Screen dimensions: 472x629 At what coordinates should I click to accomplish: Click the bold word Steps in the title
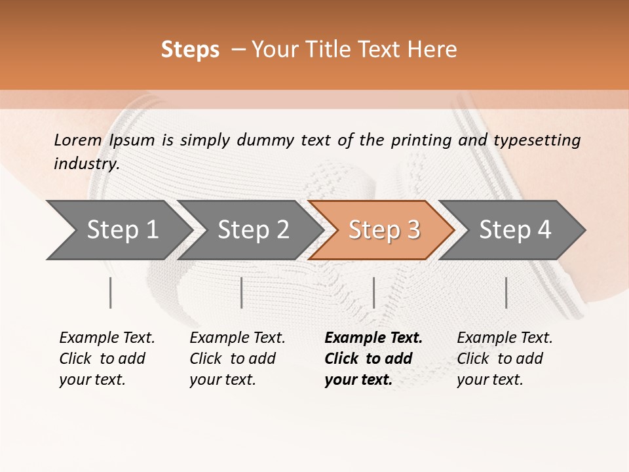point(190,50)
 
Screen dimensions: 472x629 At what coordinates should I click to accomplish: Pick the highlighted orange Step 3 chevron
point(384,230)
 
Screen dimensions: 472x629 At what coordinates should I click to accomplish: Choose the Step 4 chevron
point(515,230)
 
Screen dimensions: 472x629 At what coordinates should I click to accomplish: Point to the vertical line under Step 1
point(110,292)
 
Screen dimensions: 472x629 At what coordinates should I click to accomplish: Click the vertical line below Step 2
point(242,292)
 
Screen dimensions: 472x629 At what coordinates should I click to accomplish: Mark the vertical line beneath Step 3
point(373,292)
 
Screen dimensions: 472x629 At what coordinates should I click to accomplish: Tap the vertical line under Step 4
point(506,292)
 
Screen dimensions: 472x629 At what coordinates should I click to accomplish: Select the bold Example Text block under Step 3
point(373,359)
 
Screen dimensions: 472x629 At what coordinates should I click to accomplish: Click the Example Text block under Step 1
point(107,359)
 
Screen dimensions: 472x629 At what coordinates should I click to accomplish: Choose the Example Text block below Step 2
point(237,359)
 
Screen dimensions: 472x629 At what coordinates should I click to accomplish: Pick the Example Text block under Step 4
point(505,359)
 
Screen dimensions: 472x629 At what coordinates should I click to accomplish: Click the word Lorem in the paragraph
point(78,140)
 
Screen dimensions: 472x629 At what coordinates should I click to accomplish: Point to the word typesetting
point(537,140)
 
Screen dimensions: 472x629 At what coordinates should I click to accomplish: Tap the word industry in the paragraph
point(86,164)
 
